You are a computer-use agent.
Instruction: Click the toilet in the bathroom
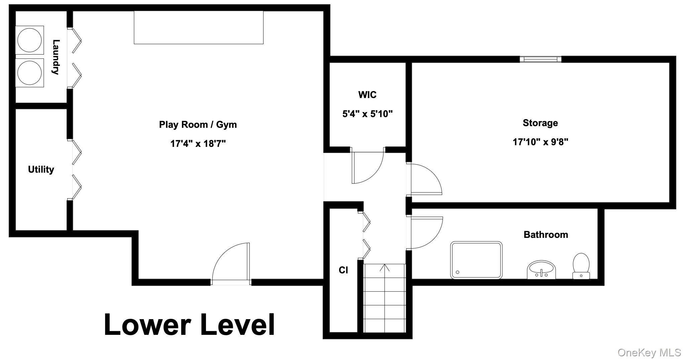[x=581, y=266]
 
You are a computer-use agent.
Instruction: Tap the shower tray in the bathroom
[x=476, y=260]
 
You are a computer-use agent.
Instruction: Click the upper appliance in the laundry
[x=29, y=40]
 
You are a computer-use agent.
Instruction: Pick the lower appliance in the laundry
[x=29, y=73]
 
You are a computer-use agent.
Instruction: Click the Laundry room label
[x=56, y=57]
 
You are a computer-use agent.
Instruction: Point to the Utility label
[x=41, y=170]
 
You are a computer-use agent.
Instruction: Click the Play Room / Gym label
[x=198, y=125]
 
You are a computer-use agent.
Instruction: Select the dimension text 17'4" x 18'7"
[x=198, y=144]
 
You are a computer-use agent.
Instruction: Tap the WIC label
[x=367, y=95]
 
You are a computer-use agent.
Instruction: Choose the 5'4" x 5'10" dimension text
[x=367, y=114]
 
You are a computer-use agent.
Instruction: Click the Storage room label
[x=540, y=123]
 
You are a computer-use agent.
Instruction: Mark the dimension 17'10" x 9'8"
[x=541, y=142]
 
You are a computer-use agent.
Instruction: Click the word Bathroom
[x=546, y=235]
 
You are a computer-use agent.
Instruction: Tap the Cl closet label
[x=343, y=270]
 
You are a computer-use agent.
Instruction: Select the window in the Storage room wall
[x=541, y=59]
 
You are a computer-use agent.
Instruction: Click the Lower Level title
[x=189, y=324]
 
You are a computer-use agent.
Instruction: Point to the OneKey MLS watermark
[x=649, y=352]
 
